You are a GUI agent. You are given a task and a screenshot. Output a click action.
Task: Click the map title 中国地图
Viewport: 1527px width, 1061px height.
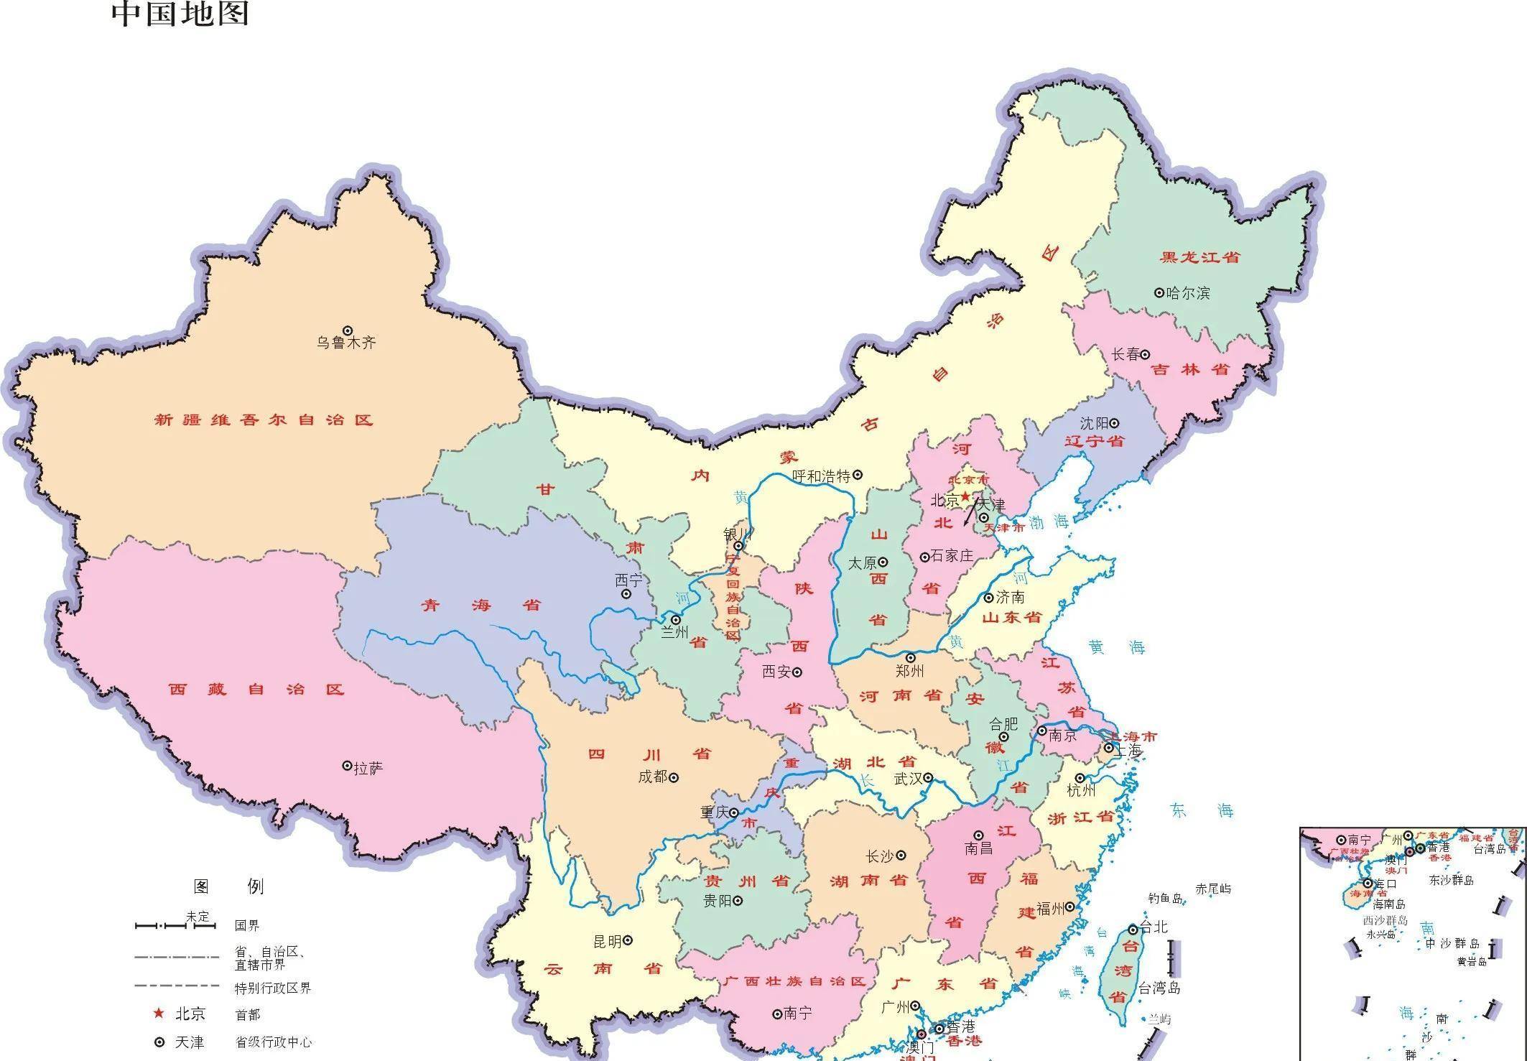pyautogui.click(x=180, y=14)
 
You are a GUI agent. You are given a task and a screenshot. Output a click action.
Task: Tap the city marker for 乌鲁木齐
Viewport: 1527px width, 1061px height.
pyautogui.click(x=348, y=330)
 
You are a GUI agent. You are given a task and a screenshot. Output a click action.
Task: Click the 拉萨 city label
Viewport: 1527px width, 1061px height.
pyautogui.click(x=368, y=769)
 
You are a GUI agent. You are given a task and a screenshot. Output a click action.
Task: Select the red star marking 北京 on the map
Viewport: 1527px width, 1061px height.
pyautogui.click(x=965, y=496)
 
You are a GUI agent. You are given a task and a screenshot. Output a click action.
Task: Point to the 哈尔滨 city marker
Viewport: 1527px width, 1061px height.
pyautogui.click(x=1159, y=292)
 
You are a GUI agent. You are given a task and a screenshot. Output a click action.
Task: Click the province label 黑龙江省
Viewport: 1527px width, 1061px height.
pyautogui.click(x=1200, y=257)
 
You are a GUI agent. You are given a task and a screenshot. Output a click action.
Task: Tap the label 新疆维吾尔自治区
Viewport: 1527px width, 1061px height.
pyautogui.click(x=264, y=420)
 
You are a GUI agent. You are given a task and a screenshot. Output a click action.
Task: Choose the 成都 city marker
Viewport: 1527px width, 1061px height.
pyautogui.click(x=674, y=777)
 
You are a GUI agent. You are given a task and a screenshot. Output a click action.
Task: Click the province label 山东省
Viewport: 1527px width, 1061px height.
pyautogui.click(x=1011, y=618)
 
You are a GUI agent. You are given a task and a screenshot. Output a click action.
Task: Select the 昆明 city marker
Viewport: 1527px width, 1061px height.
pyautogui.click(x=627, y=940)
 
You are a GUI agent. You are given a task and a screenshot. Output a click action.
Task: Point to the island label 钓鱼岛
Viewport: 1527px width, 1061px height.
pyautogui.click(x=1164, y=899)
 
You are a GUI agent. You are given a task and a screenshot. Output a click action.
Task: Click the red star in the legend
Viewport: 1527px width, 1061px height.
pyautogui.click(x=159, y=1014)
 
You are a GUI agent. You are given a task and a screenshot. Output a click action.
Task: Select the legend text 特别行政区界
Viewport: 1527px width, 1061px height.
pyautogui.click(x=273, y=988)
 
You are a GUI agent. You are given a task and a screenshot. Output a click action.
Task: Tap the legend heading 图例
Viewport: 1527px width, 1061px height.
pyautogui.click(x=228, y=886)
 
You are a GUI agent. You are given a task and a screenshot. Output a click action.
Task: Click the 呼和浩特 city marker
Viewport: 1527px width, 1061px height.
pyautogui.click(x=858, y=475)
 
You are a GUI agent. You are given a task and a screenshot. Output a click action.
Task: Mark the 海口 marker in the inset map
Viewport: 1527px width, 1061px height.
pyautogui.click(x=1368, y=884)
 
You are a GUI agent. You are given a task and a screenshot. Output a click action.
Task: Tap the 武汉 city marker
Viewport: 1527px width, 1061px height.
pyautogui.click(x=928, y=777)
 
